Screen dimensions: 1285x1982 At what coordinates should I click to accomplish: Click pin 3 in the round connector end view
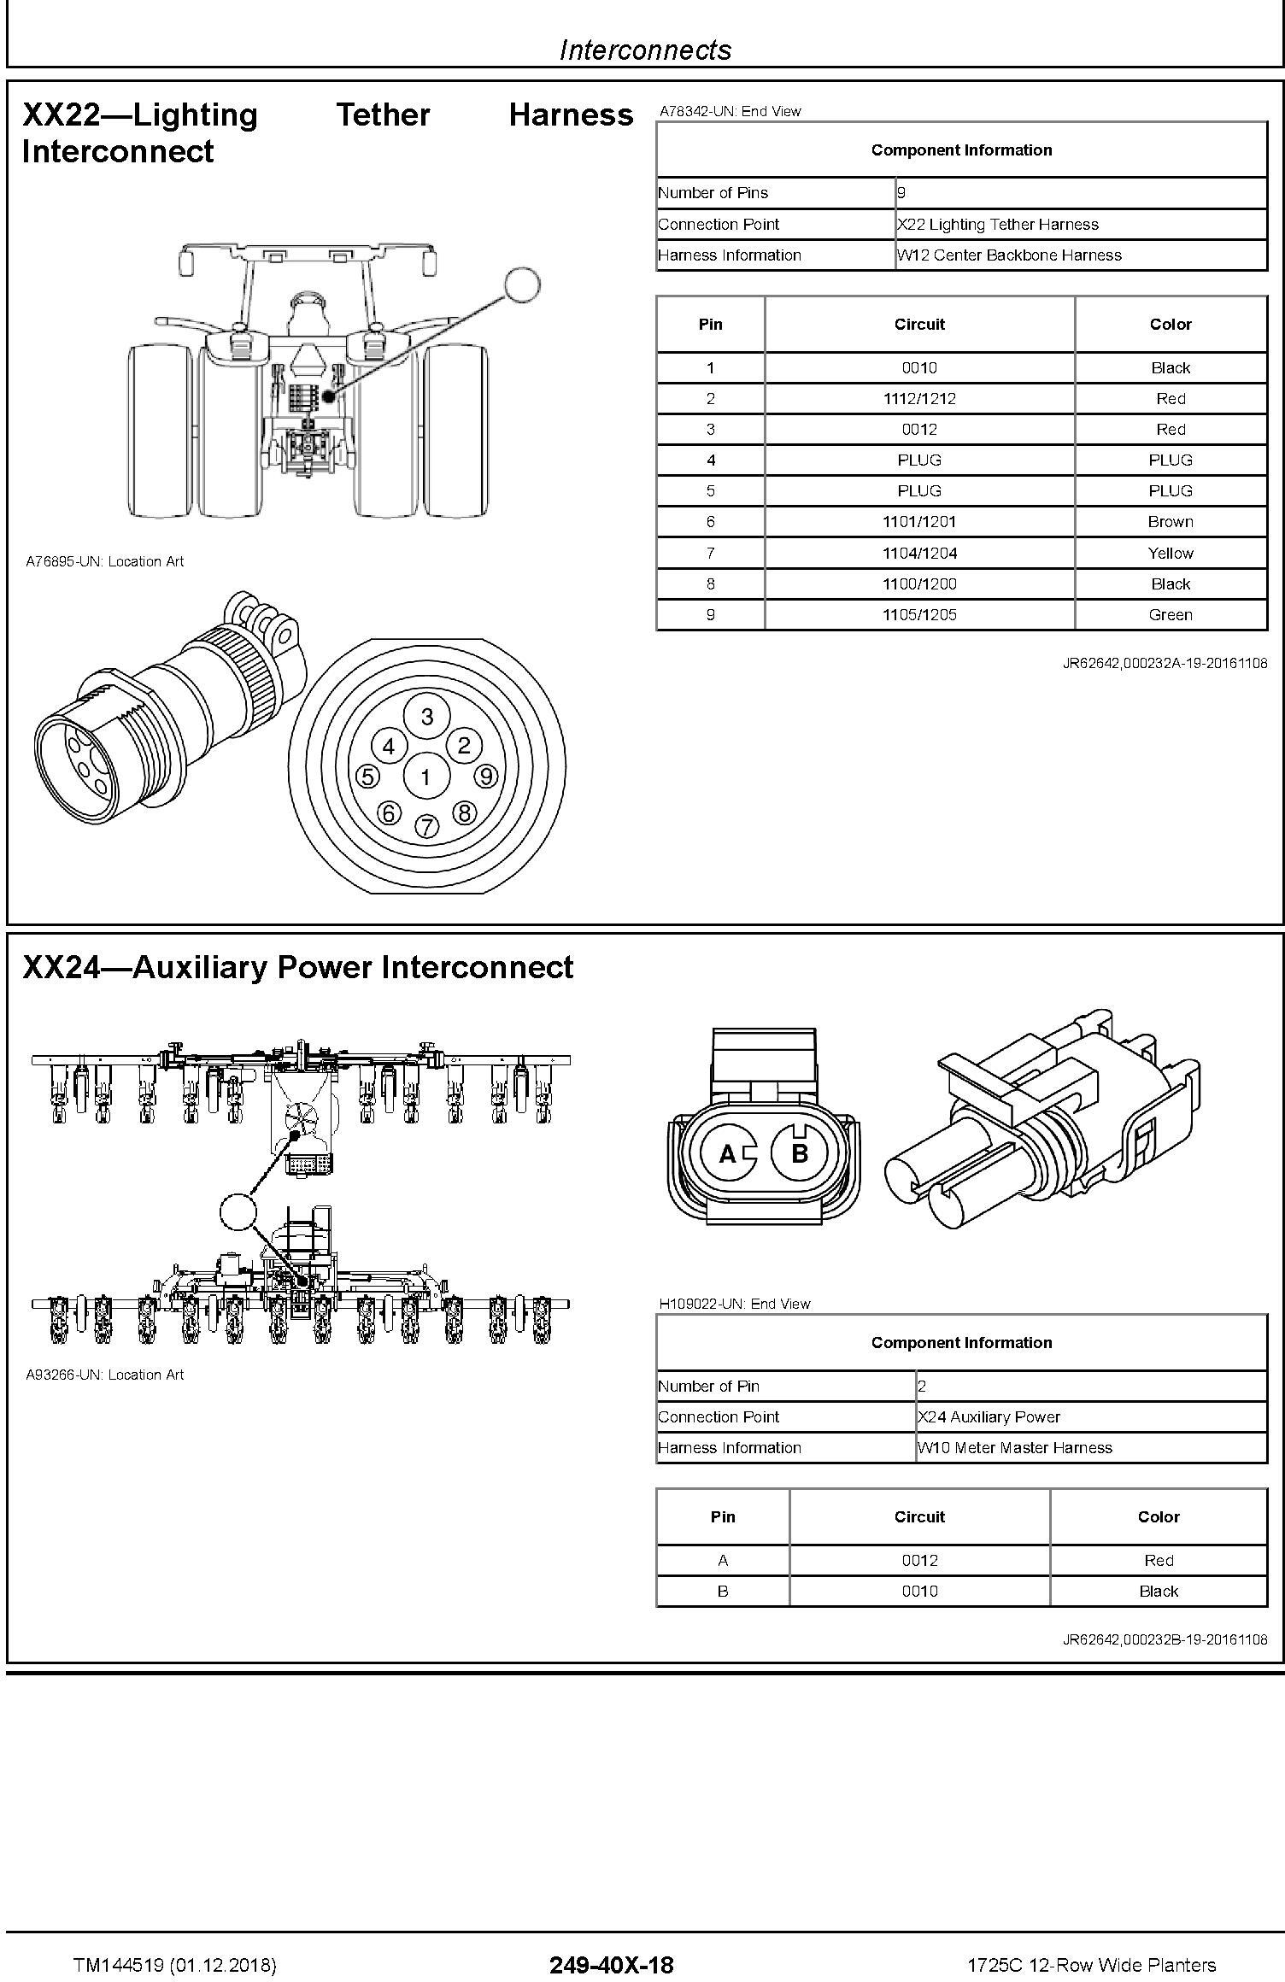427,716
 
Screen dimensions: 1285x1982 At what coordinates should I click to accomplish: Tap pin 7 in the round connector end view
426,826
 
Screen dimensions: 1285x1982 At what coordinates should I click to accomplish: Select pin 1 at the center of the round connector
425,777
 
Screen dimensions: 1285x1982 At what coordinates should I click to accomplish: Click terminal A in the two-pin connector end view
728,1154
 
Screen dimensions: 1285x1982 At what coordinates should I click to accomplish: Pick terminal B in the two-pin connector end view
800,1154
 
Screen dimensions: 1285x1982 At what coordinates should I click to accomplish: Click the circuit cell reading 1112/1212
919,399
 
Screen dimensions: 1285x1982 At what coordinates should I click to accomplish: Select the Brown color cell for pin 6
1171,522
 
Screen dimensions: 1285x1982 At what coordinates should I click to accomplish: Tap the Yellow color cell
1171,554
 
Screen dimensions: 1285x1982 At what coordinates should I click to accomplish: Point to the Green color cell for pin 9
1171,615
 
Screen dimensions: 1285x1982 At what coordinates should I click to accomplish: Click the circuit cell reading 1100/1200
919,584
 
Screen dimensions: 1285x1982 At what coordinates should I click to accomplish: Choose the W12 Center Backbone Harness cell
1081,255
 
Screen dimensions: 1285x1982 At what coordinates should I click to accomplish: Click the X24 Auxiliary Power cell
1091,1417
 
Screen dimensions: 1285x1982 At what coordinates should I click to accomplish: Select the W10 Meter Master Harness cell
1091,1448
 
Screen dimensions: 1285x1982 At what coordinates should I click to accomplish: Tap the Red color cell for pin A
1159,1561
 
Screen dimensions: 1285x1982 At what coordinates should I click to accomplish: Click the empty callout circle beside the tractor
522,285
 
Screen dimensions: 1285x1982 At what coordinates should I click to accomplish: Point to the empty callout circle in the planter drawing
238,1211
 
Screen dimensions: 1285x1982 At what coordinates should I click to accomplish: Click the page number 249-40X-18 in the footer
612,1941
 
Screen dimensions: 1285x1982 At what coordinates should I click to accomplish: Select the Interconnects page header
645,50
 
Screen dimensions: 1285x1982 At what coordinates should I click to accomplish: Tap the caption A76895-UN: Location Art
105,561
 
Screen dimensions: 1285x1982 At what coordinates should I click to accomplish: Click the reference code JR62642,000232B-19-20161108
1165,1639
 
